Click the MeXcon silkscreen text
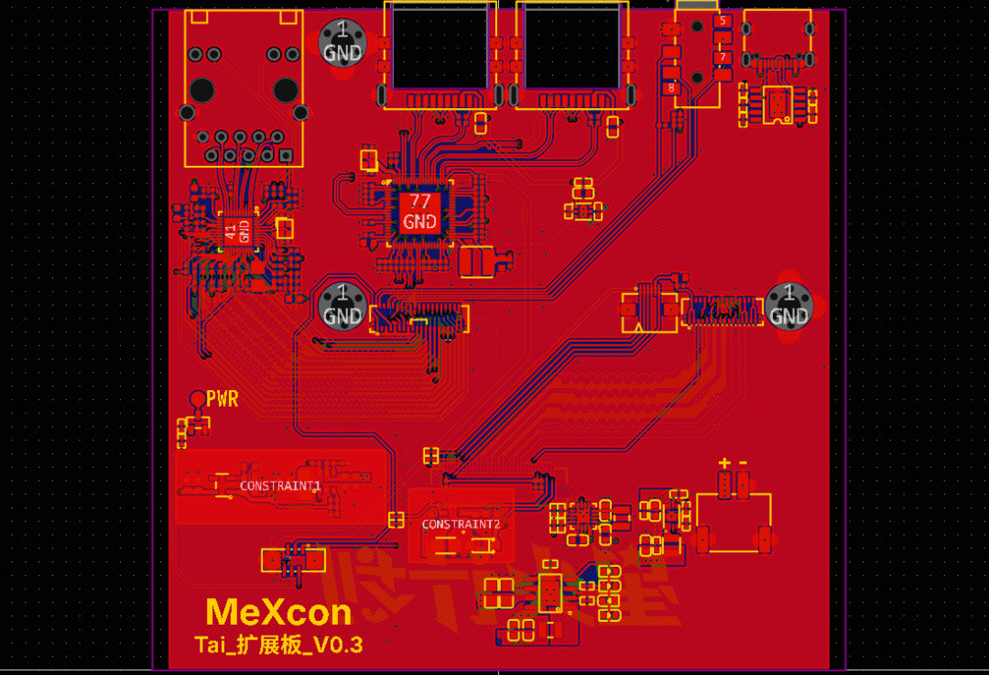(278, 612)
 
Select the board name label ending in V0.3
(278, 645)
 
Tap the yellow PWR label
(223, 399)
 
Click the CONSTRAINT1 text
(280, 485)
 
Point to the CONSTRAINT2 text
(462, 525)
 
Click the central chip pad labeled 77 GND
(419, 212)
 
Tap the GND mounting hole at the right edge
(788, 305)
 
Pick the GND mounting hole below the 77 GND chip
(342, 305)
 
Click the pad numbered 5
(723, 21)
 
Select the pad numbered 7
(723, 57)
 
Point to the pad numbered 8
(673, 88)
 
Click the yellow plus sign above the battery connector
(724, 463)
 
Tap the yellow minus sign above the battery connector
(743, 463)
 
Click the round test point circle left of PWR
(197, 398)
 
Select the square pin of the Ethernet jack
(285, 156)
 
